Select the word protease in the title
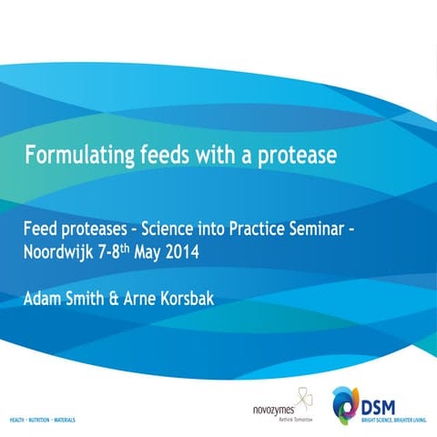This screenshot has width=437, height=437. point(294,156)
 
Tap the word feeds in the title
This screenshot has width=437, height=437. point(168,156)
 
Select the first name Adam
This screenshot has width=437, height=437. point(44,297)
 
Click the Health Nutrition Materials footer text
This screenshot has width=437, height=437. point(42,422)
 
